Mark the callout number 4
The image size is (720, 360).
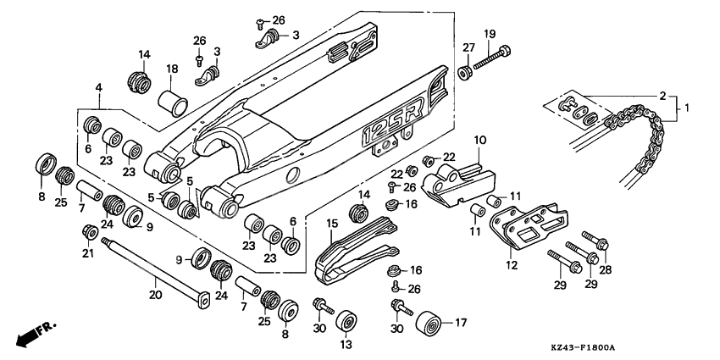pyautogui.click(x=99, y=87)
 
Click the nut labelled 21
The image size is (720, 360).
pyautogui.click(x=88, y=232)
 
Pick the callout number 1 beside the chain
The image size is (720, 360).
pyautogui.click(x=687, y=108)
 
